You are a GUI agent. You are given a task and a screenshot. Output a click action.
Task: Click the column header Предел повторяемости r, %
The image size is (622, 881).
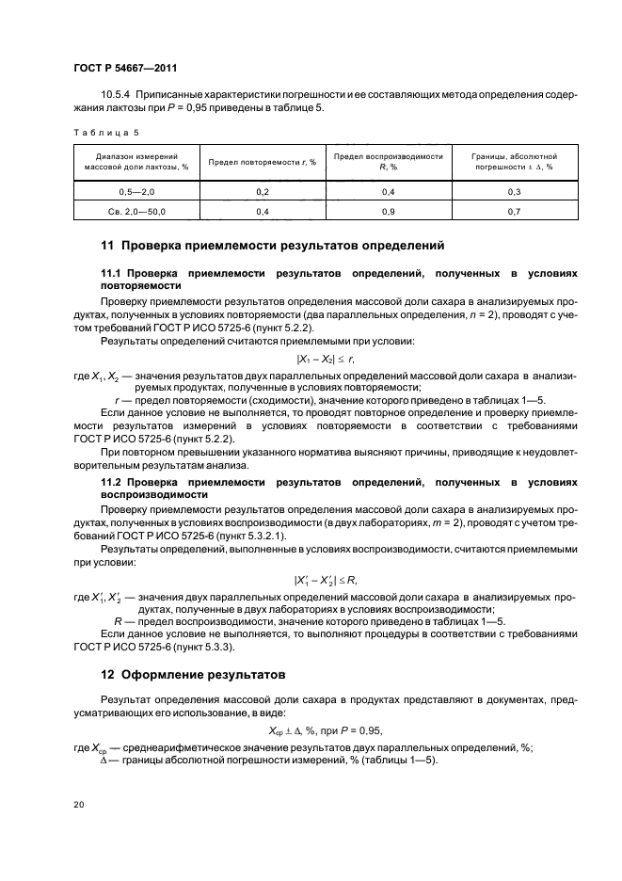262,161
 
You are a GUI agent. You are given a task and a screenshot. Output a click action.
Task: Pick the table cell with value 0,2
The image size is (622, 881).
262,191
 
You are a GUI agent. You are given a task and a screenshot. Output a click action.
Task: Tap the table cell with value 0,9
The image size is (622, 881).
389,212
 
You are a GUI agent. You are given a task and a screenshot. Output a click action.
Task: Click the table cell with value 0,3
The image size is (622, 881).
514,191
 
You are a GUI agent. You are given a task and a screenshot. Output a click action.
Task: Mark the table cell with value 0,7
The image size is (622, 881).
514,212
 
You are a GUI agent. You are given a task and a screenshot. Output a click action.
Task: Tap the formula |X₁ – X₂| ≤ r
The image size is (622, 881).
326,359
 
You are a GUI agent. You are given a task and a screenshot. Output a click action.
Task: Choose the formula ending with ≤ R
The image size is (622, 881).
326,580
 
